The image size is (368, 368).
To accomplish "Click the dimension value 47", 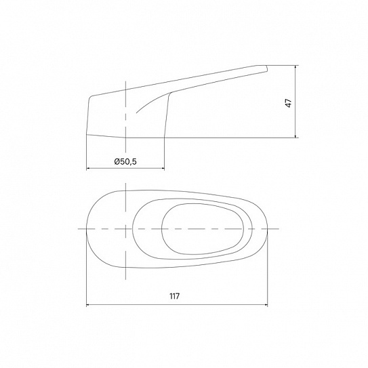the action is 289,103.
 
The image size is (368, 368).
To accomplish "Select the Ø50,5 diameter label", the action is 125,161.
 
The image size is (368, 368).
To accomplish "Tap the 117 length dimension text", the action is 175,296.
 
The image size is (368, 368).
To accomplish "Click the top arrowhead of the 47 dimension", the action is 295,67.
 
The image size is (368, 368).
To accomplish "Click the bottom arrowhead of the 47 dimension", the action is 295,136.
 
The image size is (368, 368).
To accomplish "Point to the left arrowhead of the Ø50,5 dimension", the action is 89,168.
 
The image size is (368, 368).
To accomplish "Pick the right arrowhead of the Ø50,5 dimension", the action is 162,168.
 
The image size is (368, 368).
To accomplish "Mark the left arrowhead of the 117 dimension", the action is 89,304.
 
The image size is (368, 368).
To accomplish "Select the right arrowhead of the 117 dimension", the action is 266,304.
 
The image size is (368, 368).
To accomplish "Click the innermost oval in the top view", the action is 162,229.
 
